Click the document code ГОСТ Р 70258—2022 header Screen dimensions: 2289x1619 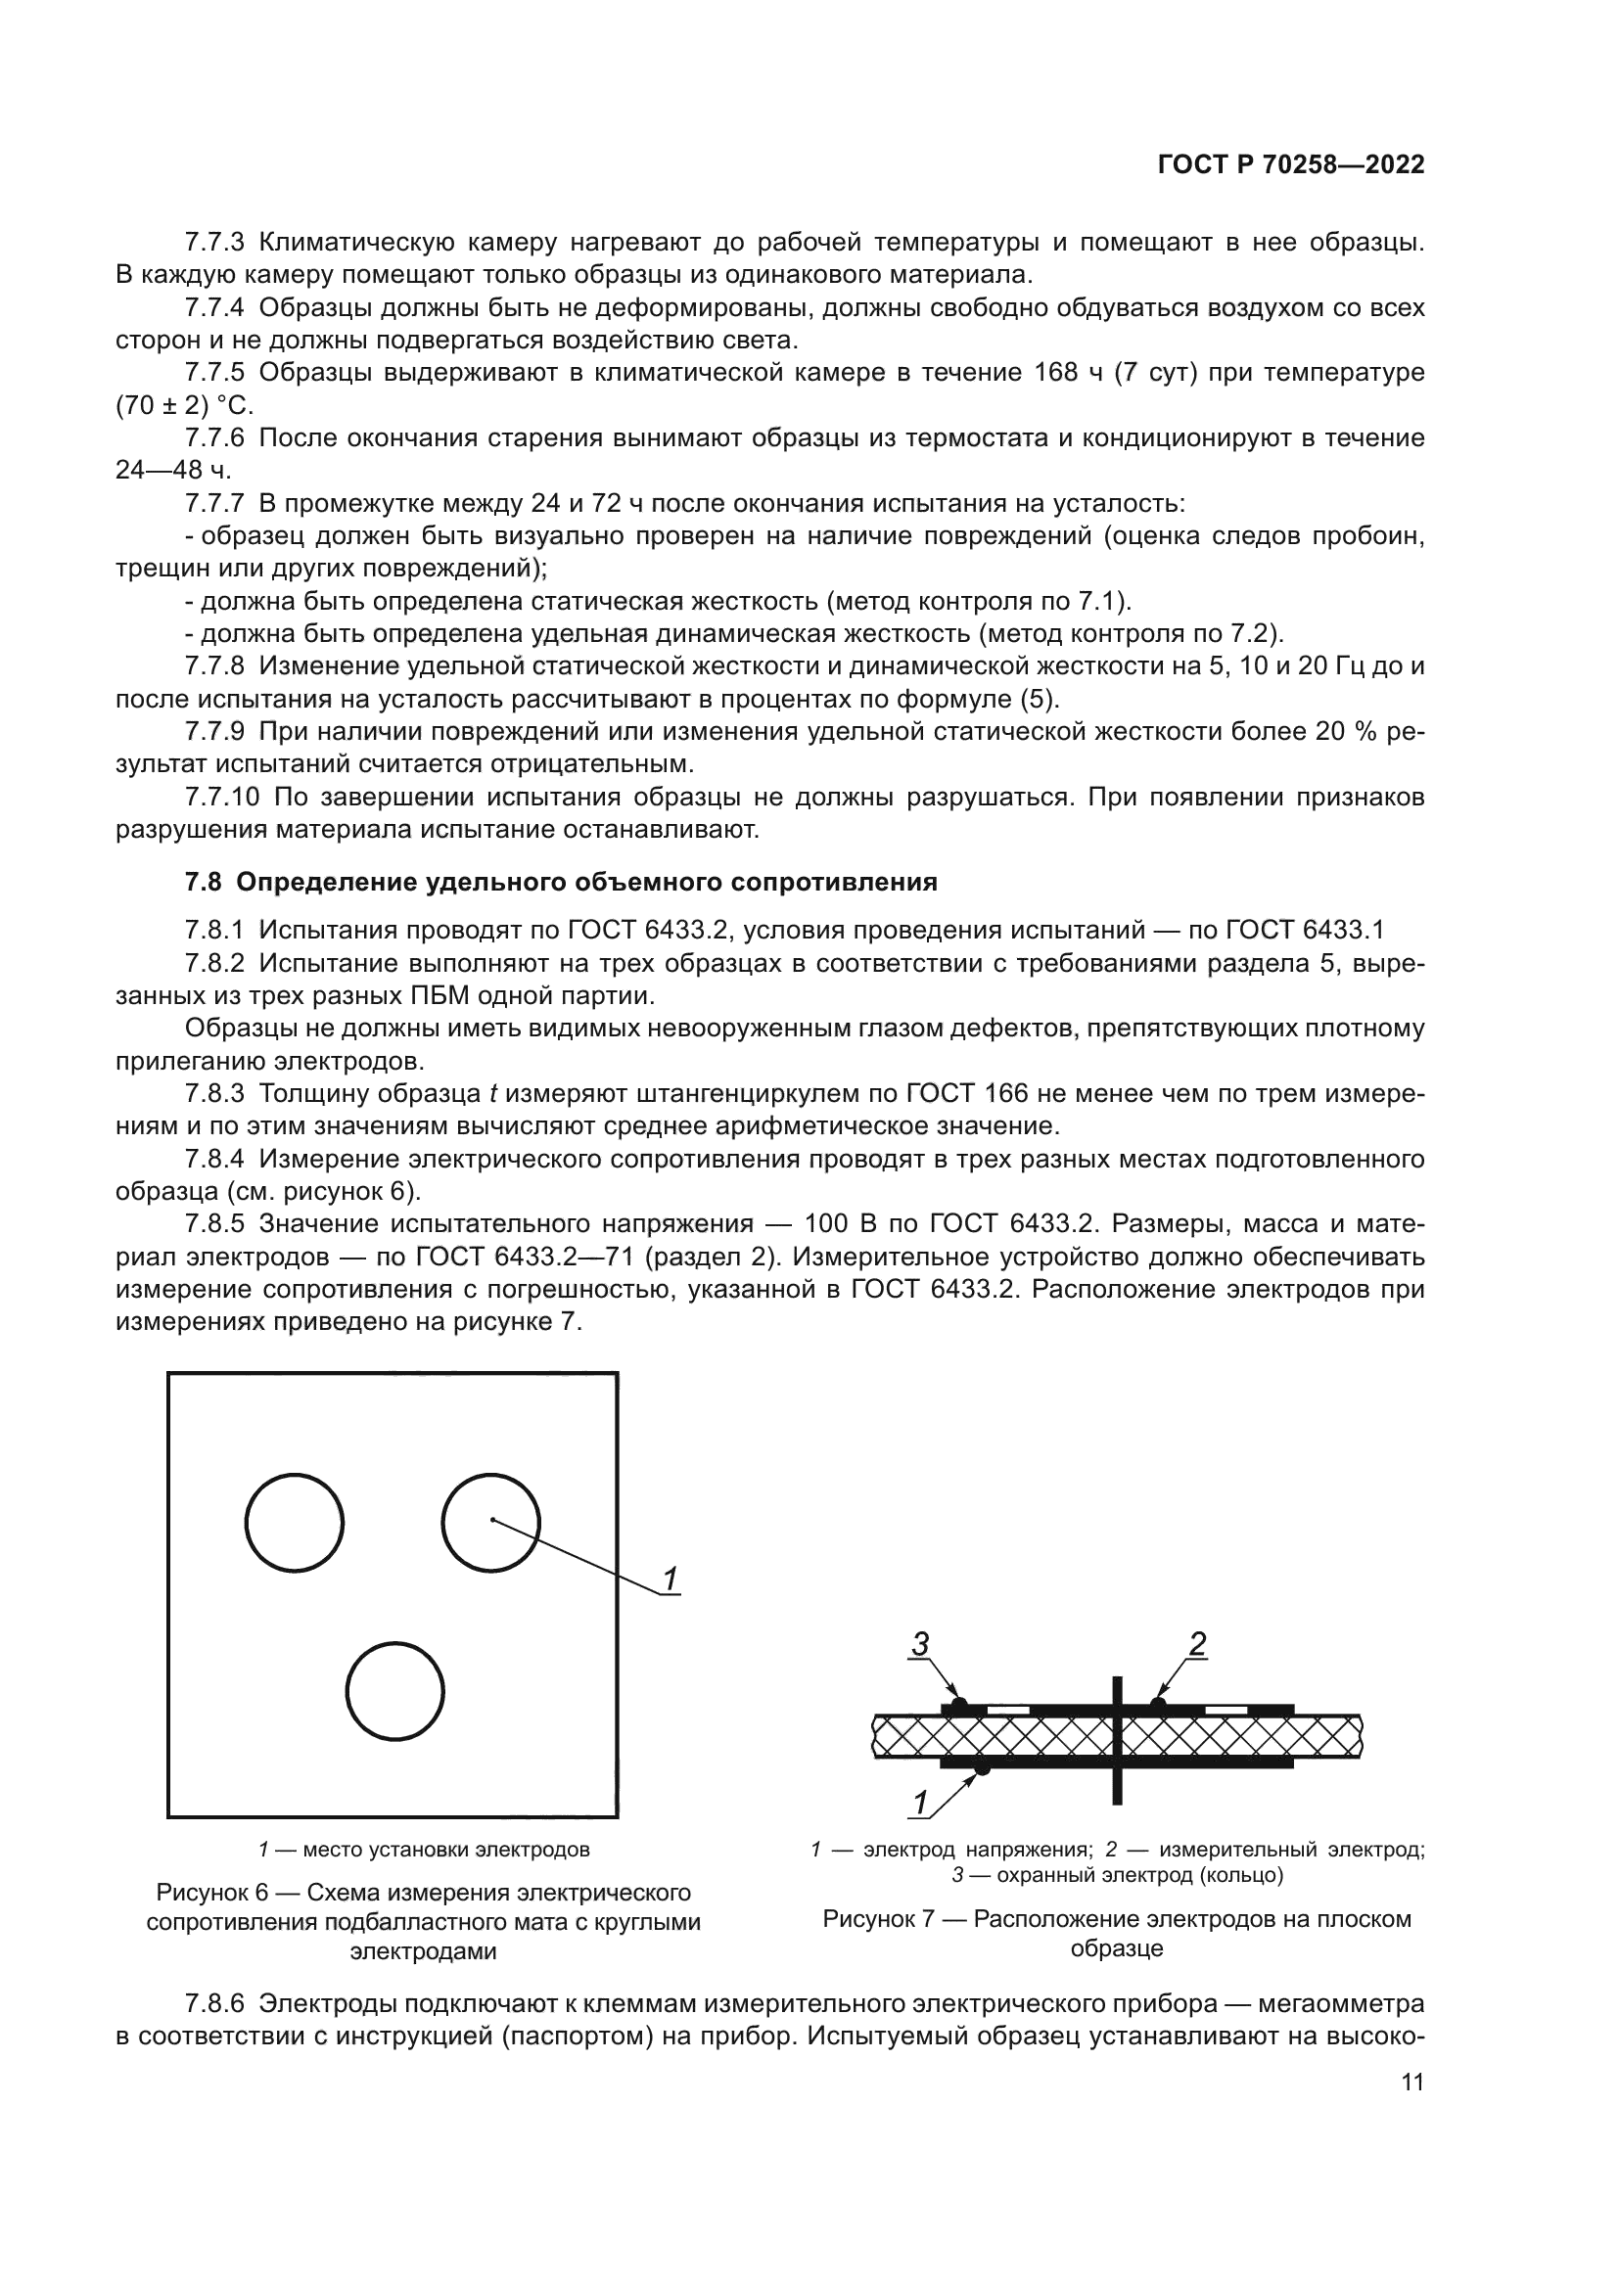1290,165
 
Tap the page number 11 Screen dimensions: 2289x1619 1411,2110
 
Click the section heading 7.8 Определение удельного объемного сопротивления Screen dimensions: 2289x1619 560,883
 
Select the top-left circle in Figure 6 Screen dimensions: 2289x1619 294,1524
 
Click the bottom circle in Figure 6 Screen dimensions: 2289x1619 394,1691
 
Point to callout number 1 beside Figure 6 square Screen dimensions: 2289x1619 671,1579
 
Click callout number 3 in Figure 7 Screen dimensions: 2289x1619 920,1644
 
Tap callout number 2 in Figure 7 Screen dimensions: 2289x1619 1197,1644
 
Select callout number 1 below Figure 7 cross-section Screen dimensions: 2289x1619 920,1803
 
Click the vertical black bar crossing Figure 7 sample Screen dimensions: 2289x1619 1117,1740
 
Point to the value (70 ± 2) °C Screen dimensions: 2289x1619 184,406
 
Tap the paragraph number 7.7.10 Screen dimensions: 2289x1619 221,797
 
